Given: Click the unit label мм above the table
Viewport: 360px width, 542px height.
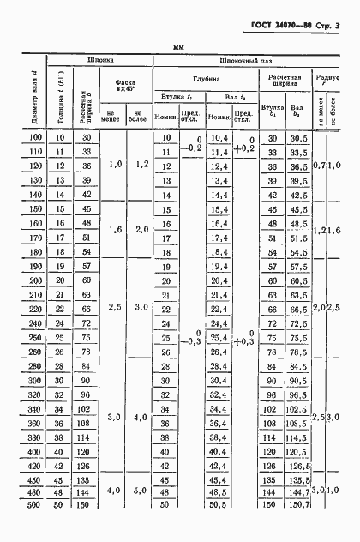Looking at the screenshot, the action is tap(179, 48).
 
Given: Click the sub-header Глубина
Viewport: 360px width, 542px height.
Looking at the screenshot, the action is tap(205, 78).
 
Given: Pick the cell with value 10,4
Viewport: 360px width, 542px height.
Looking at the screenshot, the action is tap(219, 139).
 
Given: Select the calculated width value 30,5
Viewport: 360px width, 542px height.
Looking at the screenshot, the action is tap(299, 139).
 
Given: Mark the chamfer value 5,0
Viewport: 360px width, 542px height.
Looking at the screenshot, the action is tap(138, 491).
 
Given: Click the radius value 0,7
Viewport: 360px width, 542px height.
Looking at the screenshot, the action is tap(319, 166).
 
